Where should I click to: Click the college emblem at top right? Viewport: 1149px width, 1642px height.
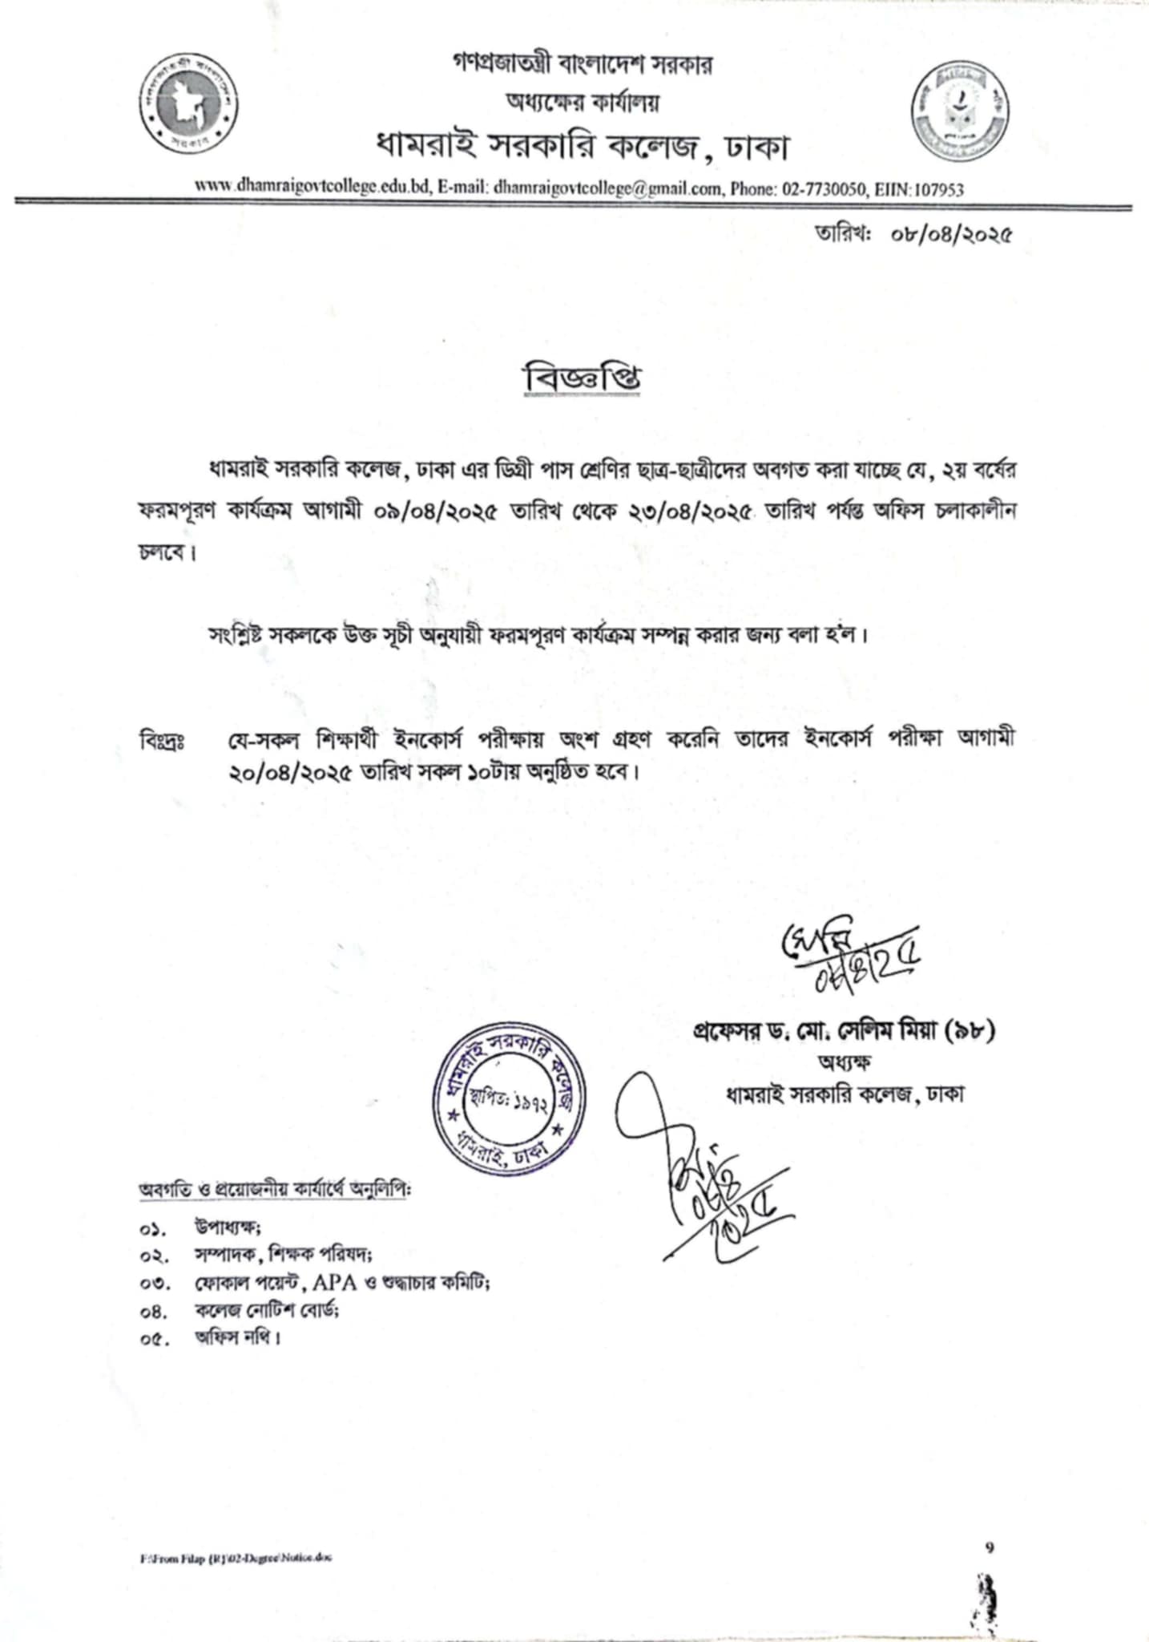(961, 111)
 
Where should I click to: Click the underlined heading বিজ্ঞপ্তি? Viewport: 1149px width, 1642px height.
(582, 380)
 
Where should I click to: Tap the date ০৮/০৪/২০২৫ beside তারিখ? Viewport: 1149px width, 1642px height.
(949, 235)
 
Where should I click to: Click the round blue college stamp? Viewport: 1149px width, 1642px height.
(508, 1105)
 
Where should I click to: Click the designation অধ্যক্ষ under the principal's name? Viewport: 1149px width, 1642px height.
(844, 1062)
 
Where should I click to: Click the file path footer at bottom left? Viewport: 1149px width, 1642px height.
(236, 1558)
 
